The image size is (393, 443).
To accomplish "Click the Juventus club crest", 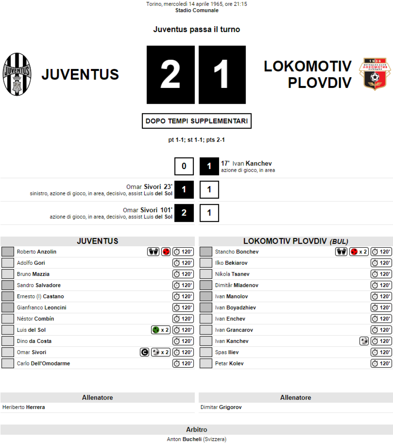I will point(17,75).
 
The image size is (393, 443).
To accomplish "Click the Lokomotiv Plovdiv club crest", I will point(375,74).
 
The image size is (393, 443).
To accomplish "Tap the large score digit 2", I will point(171,75).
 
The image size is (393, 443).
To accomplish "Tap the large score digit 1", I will point(222,75).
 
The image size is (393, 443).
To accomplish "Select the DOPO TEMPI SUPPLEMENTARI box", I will point(196,121).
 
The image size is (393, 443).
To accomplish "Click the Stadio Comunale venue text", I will point(196,10).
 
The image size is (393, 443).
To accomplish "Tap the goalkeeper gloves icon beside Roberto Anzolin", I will point(153,252).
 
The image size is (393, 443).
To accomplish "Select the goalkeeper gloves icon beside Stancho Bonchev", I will point(341,252).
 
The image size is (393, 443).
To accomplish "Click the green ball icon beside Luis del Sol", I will point(156,330).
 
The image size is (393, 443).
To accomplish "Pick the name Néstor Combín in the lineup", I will point(35,319).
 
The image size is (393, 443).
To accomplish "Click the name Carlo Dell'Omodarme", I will point(43,363).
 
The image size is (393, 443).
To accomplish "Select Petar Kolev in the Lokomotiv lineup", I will point(229,363).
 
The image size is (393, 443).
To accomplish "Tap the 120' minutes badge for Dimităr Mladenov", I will point(381,285).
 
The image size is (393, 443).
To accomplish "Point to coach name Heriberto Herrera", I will point(24,407).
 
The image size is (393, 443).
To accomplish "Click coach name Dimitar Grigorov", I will point(221,407).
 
